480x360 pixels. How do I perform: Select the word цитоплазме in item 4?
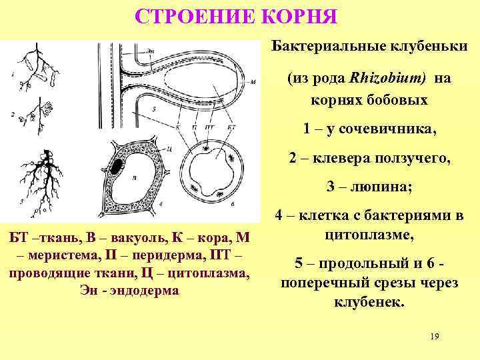click(x=369, y=235)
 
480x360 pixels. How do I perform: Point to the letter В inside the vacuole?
click(x=134, y=177)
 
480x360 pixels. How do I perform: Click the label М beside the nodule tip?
click(x=253, y=82)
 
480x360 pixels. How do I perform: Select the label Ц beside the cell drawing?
click(x=171, y=148)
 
